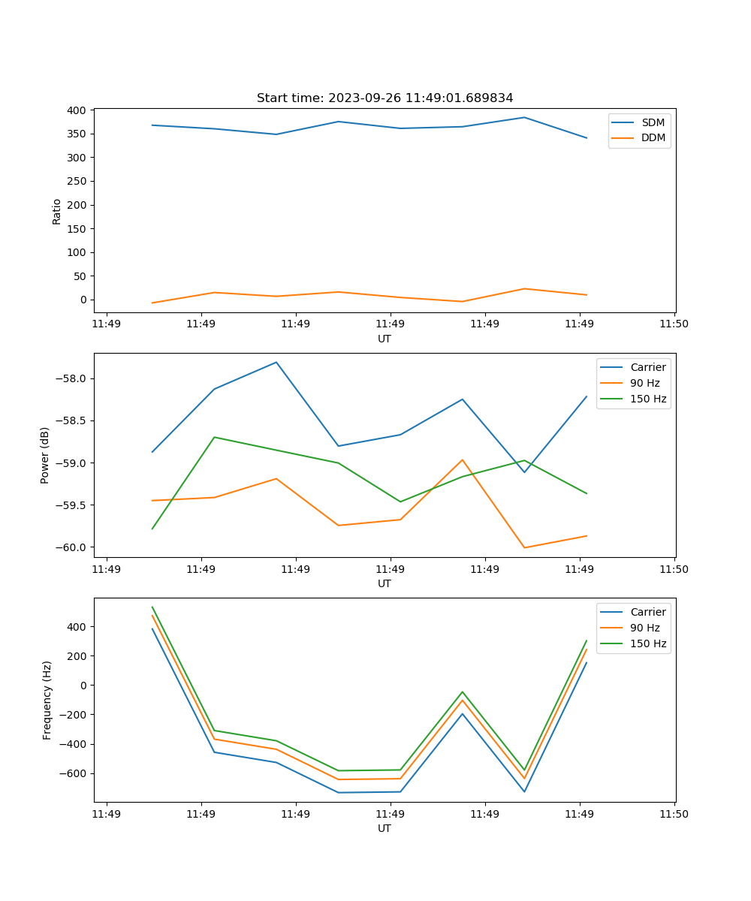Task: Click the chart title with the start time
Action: coord(385,98)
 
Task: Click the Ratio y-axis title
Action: coord(57,211)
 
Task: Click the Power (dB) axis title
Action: coord(46,455)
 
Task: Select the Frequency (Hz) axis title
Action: coord(47,700)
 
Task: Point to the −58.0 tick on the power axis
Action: coord(71,378)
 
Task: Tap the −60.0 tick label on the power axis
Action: coord(71,547)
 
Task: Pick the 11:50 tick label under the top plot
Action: coord(674,324)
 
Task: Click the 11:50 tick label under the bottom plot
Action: coord(674,814)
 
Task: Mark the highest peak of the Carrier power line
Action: coord(276,362)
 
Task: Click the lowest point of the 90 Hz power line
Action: coord(524,547)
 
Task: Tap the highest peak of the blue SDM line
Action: coord(524,117)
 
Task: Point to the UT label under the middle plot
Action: coord(385,583)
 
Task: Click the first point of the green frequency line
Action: coord(152,607)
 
